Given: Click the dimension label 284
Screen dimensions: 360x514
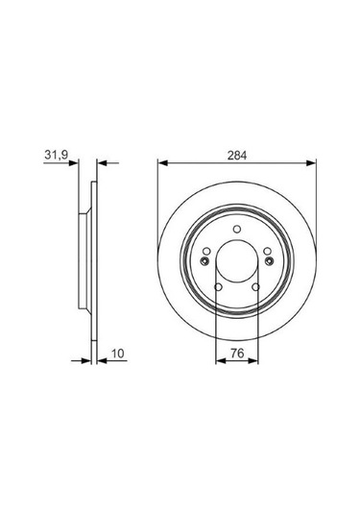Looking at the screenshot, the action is pyautogui.click(x=237, y=156).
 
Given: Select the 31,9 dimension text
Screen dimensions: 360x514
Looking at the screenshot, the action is pyautogui.click(x=56, y=155).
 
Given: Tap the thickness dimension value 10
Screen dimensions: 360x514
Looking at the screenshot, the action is pyautogui.click(x=117, y=354).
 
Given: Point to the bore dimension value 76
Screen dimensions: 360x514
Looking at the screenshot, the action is pyautogui.click(x=237, y=354).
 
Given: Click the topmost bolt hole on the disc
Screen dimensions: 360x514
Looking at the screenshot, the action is pyautogui.click(x=237, y=229).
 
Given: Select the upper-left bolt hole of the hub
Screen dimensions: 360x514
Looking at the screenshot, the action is pyautogui.click(x=206, y=252).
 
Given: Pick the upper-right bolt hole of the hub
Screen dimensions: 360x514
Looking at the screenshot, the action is pyautogui.click(x=268, y=252).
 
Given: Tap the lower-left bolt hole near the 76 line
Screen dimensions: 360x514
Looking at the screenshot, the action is pyautogui.click(x=218, y=287).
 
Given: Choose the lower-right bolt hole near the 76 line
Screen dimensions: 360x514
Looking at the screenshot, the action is pyautogui.click(x=255, y=287).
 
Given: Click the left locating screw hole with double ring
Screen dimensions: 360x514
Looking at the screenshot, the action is pyautogui.click(x=204, y=261).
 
